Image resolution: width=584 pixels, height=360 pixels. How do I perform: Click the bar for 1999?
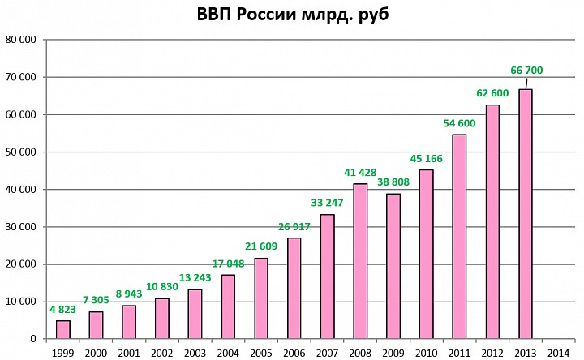point(62,329)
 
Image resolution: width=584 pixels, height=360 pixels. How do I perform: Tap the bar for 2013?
point(526,214)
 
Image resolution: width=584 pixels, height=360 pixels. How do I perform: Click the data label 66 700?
point(526,71)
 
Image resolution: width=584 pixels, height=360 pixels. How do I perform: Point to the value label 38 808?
point(393,183)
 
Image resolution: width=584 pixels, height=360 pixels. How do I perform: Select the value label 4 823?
point(62,309)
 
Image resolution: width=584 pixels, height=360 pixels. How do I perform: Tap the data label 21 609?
point(261,246)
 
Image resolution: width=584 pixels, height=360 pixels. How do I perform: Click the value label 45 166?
point(427,158)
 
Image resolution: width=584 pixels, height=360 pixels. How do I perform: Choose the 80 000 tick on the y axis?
point(21,40)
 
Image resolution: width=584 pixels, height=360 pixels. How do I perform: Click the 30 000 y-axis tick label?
point(21,227)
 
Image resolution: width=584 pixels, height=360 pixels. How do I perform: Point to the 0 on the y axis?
point(33,339)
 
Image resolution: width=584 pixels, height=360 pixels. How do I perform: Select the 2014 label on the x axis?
point(559,352)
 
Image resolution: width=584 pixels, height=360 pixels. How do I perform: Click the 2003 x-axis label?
point(195,352)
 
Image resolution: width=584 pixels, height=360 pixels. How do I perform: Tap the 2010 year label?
point(427,352)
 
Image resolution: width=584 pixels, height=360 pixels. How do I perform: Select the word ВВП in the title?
point(217,15)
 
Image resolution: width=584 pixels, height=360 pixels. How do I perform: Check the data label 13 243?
point(195,277)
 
